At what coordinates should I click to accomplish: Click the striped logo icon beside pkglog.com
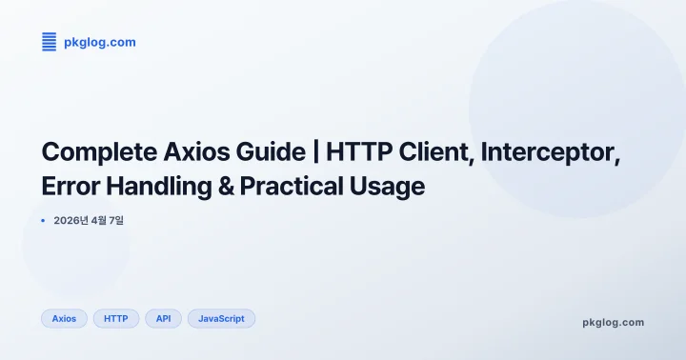pos(50,42)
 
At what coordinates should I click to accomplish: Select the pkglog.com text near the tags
pos(613,322)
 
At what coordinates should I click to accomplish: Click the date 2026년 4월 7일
pos(89,221)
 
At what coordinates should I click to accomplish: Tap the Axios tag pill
pos(64,318)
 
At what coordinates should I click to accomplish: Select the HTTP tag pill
pos(116,318)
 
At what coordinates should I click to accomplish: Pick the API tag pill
pos(163,318)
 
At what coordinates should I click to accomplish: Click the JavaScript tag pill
pos(221,318)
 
